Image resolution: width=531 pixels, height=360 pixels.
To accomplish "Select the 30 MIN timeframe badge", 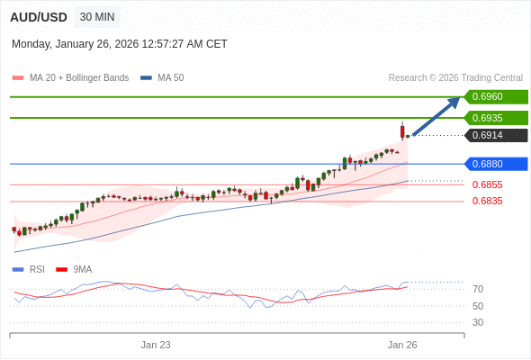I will click(x=97, y=17).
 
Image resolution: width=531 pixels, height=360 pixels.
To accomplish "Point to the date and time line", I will click(x=120, y=44).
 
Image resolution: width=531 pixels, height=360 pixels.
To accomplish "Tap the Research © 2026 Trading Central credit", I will click(x=455, y=78).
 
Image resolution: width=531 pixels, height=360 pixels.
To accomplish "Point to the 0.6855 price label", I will click(x=487, y=184).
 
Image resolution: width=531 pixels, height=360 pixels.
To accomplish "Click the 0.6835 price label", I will click(x=487, y=201).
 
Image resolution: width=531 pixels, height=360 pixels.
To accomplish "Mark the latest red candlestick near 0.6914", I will click(x=402, y=131).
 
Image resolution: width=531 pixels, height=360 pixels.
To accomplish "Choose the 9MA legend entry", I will click(x=82, y=269).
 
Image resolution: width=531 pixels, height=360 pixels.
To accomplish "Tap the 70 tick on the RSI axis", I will click(x=478, y=289).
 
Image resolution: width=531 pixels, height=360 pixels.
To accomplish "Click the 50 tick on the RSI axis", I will click(x=478, y=306).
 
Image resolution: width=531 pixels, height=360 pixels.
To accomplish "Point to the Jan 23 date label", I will click(x=156, y=345).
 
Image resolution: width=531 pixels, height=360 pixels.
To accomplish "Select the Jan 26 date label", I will click(x=402, y=345).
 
